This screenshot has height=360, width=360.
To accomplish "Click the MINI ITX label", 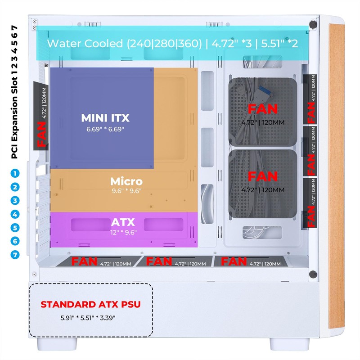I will (x=105, y=118).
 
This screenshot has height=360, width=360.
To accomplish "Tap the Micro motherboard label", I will (x=126, y=182).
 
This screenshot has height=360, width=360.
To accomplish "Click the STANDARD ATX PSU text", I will (x=90, y=305).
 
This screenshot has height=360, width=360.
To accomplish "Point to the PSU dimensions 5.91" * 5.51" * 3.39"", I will (x=88, y=318).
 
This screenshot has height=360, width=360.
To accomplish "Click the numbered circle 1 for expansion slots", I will (x=16, y=173).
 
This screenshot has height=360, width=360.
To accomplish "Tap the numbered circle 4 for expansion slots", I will (x=16, y=214).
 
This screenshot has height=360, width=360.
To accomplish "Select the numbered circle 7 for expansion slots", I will (x=16, y=255).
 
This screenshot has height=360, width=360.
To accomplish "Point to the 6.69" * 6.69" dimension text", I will (x=105, y=129).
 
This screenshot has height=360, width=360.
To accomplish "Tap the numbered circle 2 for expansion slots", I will (x=16, y=187).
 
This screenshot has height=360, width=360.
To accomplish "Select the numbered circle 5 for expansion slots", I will (x=16, y=228).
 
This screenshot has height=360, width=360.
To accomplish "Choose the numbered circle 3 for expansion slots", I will (x=16, y=201).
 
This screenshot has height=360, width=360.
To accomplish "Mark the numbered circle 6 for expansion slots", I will (x=16, y=241).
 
